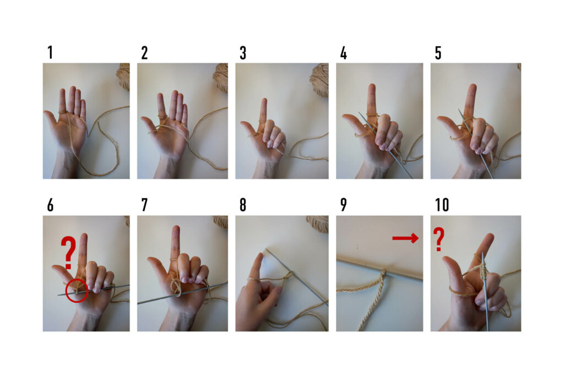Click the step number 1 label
(50, 52)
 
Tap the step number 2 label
(145, 53)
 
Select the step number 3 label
(243, 53)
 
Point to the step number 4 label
(344, 53)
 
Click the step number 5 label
(438, 53)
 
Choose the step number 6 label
(50, 205)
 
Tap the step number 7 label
(145, 205)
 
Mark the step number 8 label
(243, 205)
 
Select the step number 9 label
(344, 205)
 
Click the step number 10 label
(442, 205)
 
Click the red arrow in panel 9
(405, 238)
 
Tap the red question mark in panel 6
(68, 252)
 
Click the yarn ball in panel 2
(220, 78)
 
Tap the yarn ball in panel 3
(319, 80)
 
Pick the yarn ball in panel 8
(318, 224)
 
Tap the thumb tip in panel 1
(46, 113)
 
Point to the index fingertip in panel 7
(176, 229)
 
